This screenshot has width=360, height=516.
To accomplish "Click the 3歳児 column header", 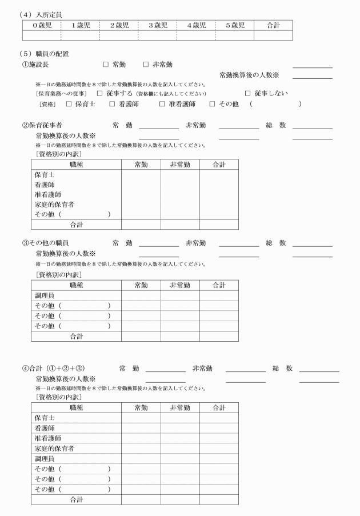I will [x=157, y=25].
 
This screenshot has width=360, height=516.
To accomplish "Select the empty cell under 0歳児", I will [x=41, y=35].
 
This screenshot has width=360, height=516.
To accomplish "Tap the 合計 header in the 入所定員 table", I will [x=273, y=25].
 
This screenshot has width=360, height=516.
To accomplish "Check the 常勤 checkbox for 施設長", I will [x=105, y=65].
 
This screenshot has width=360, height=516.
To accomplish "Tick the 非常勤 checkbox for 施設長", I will [x=146, y=65].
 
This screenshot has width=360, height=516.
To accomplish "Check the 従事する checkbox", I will [x=99, y=93].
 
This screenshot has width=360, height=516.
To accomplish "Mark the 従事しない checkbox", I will [x=248, y=93].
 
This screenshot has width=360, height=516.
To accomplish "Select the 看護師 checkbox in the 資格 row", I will [x=120, y=104].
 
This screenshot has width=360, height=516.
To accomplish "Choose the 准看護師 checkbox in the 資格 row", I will [x=162, y=104].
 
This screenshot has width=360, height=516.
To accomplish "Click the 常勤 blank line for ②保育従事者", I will [x=159, y=126].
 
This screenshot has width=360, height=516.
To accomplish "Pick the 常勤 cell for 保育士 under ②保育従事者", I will [x=141, y=174].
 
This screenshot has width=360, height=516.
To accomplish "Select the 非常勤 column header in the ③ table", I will [x=179, y=285].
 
